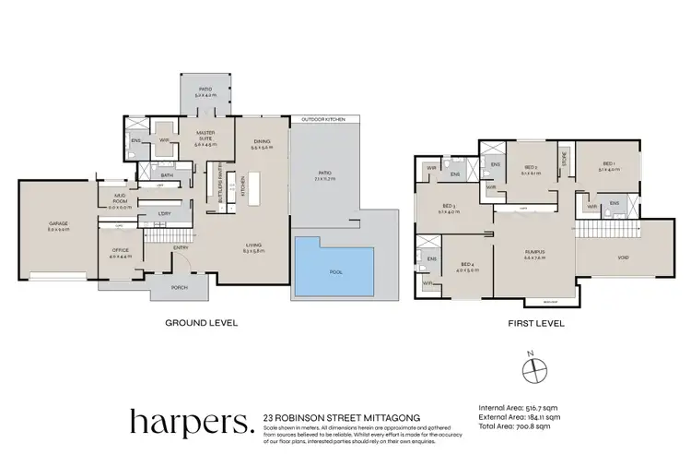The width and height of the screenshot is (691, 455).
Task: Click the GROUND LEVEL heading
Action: (x=201, y=324)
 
